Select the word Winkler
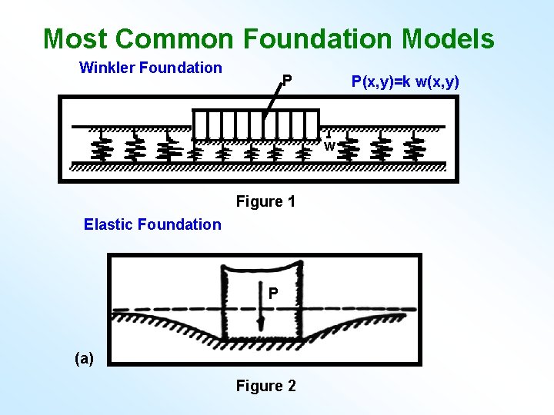105,68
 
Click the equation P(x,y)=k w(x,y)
405,81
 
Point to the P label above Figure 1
286,80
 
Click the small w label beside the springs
329,146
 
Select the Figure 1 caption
265,201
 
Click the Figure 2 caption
265,386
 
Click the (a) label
84,357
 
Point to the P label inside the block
272,293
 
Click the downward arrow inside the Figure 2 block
262,317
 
